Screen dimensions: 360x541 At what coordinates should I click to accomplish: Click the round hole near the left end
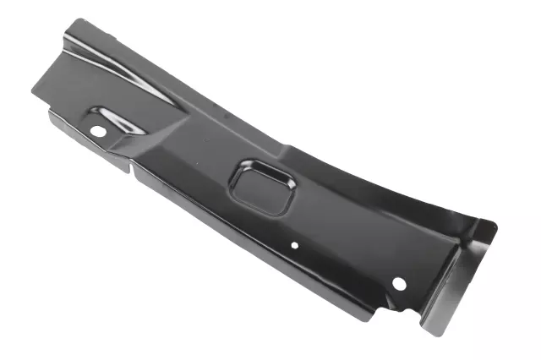[x=98, y=131]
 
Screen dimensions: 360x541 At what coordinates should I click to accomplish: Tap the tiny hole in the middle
[x=295, y=246]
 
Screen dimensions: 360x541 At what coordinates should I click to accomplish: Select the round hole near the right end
[x=400, y=283]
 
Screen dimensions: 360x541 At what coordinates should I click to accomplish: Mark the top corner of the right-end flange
[x=495, y=226]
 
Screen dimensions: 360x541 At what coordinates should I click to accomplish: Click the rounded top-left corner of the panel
[x=78, y=23]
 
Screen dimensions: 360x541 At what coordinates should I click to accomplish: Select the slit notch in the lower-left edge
[x=132, y=166]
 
